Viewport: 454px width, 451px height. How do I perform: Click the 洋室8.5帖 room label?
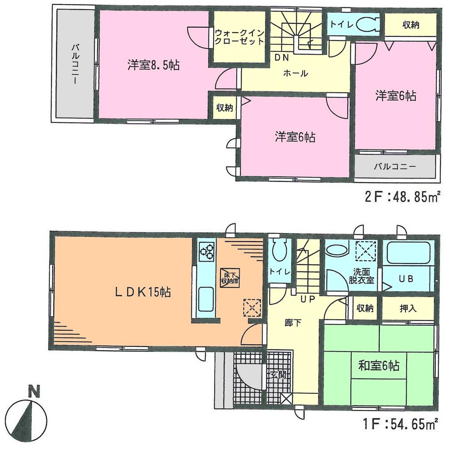click(153, 66)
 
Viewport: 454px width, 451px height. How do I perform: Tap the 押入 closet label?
click(409, 308)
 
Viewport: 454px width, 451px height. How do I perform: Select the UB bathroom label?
click(406, 279)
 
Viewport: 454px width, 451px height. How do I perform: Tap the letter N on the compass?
click(32, 390)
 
